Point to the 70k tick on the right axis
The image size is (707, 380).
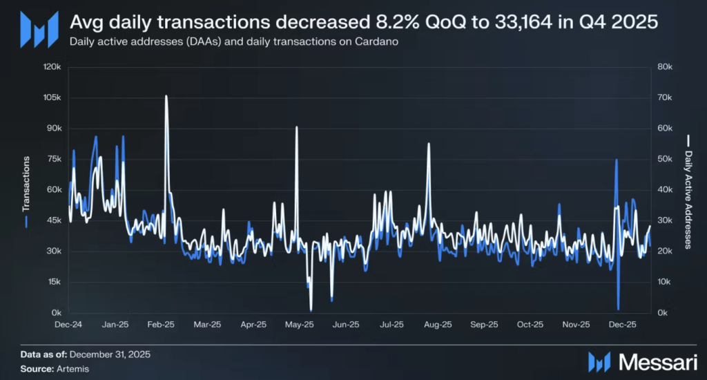point(664,97)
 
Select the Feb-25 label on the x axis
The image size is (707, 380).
point(161,324)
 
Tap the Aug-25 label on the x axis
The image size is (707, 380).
point(438,324)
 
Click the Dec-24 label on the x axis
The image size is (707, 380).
point(69,324)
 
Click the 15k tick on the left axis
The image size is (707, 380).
point(55,282)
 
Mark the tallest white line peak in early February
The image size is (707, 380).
point(166,96)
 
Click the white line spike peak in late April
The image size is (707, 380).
point(296,128)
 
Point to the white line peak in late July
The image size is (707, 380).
point(429,144)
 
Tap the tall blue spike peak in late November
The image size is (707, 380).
point(616,160)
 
